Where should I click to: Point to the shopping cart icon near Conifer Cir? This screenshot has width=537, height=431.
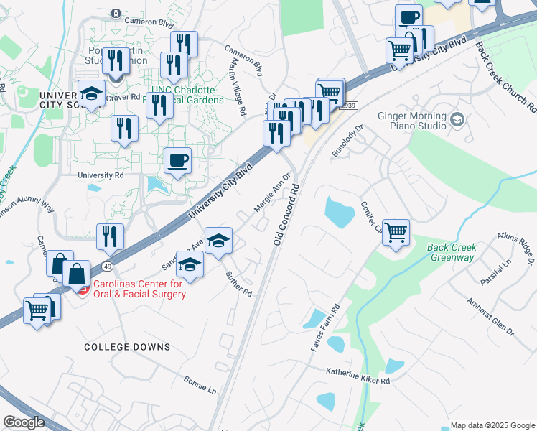coord(396,233)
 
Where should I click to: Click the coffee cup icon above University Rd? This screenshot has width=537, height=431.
coord(177,161)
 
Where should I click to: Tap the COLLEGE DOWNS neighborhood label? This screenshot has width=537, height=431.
coord(127,347)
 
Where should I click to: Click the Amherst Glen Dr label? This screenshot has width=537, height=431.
coord(490,317)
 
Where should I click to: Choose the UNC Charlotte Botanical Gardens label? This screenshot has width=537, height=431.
coord(182,95)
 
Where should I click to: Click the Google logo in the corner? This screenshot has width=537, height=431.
coord(24,422)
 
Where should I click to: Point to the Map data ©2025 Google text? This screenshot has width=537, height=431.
coord(492,425)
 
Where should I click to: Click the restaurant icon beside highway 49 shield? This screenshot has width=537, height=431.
coord(109,236)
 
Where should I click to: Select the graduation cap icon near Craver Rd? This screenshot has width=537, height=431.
coord(91,95)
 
